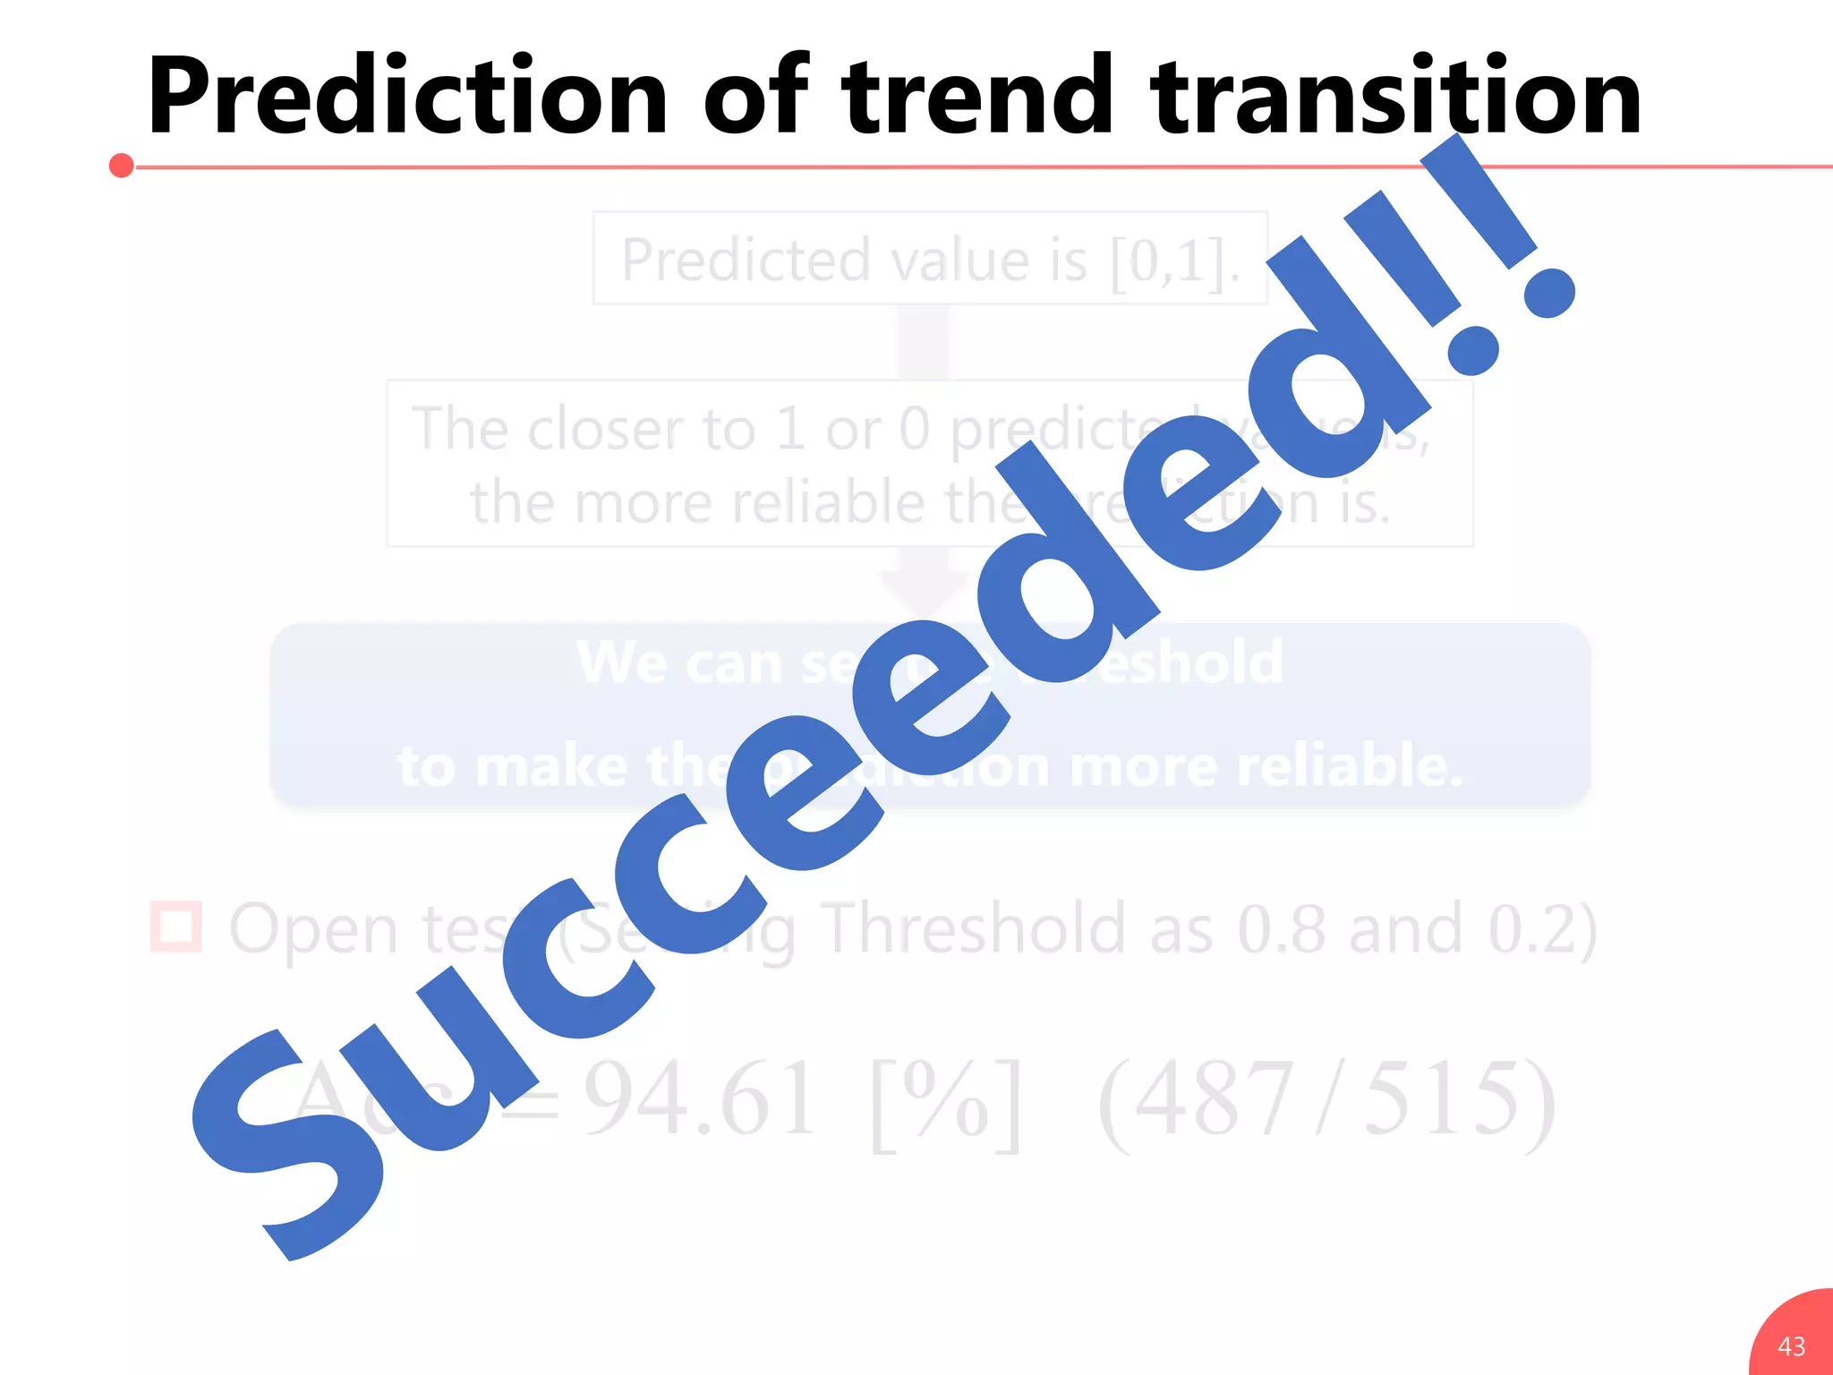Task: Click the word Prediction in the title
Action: [407, 96]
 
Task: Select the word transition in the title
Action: [1396, 96]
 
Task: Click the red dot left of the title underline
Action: [122, 166]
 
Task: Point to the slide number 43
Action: [1791, 1345]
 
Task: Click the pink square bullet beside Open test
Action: [175, 927]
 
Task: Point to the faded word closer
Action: [609, 430]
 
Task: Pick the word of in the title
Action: [755, 96]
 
